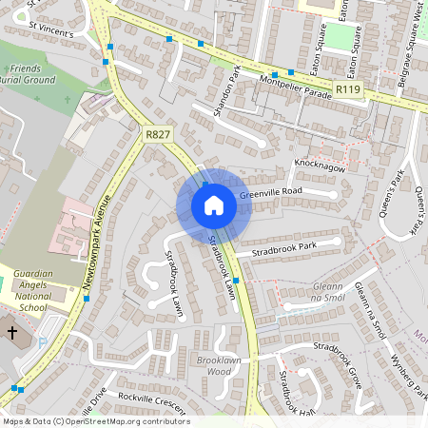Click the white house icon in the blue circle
214,205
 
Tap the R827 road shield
158,135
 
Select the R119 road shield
348,89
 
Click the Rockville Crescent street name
153,400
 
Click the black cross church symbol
11,333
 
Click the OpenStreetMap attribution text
95,421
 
